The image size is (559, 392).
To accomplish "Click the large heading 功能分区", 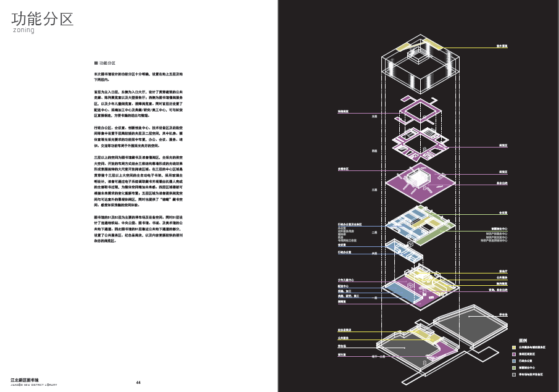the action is [x=43, y=19].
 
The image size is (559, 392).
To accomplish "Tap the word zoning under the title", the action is [x=23, y=30].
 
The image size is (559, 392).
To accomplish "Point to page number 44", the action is [x=138, y=383].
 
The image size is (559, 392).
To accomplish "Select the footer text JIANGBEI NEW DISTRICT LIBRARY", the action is [x=34, y=385].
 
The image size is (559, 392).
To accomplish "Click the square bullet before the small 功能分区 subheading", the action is [x=96, y=63].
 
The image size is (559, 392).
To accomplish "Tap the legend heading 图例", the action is [x=523, y=340].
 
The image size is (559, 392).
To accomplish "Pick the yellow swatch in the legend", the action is [x=513, y=348].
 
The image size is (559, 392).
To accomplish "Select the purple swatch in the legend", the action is [x=513, y=354].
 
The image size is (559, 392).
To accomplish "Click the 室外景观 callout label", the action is [x=502, y=46].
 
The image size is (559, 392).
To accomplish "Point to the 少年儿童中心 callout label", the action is [x=346, y=280].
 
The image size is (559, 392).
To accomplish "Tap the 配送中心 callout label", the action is [x=343, y=286].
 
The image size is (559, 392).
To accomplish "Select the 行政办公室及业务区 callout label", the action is [x=349, y=224].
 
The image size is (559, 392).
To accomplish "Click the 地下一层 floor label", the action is [x=378, y=357].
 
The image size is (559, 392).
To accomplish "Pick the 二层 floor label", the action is [x=374, y=232].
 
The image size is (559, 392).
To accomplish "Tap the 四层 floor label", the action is [x=374, y=151].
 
